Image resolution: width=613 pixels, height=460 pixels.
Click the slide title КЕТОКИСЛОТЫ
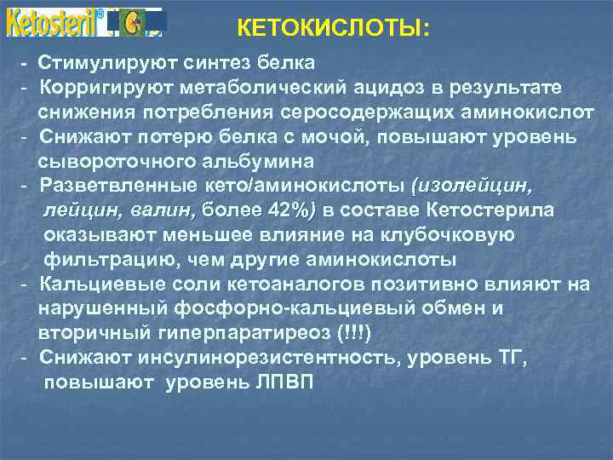pyautogui.click(x=334, y=28)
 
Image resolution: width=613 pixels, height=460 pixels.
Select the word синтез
pyautogui.click(x=203, y=63)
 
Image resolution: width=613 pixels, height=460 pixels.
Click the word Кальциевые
pyautogui.click(x=94, y=284)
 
